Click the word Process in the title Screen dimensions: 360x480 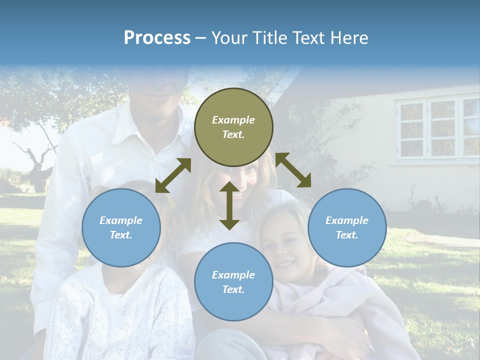click(157, 38)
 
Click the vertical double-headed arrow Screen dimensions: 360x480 click(229, 205)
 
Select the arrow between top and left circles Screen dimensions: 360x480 click(173, 175)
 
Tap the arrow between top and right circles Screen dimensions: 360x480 click(293, 170)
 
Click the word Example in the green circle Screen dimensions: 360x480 click(233, 120)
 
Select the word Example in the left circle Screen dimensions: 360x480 click(121, 220)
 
